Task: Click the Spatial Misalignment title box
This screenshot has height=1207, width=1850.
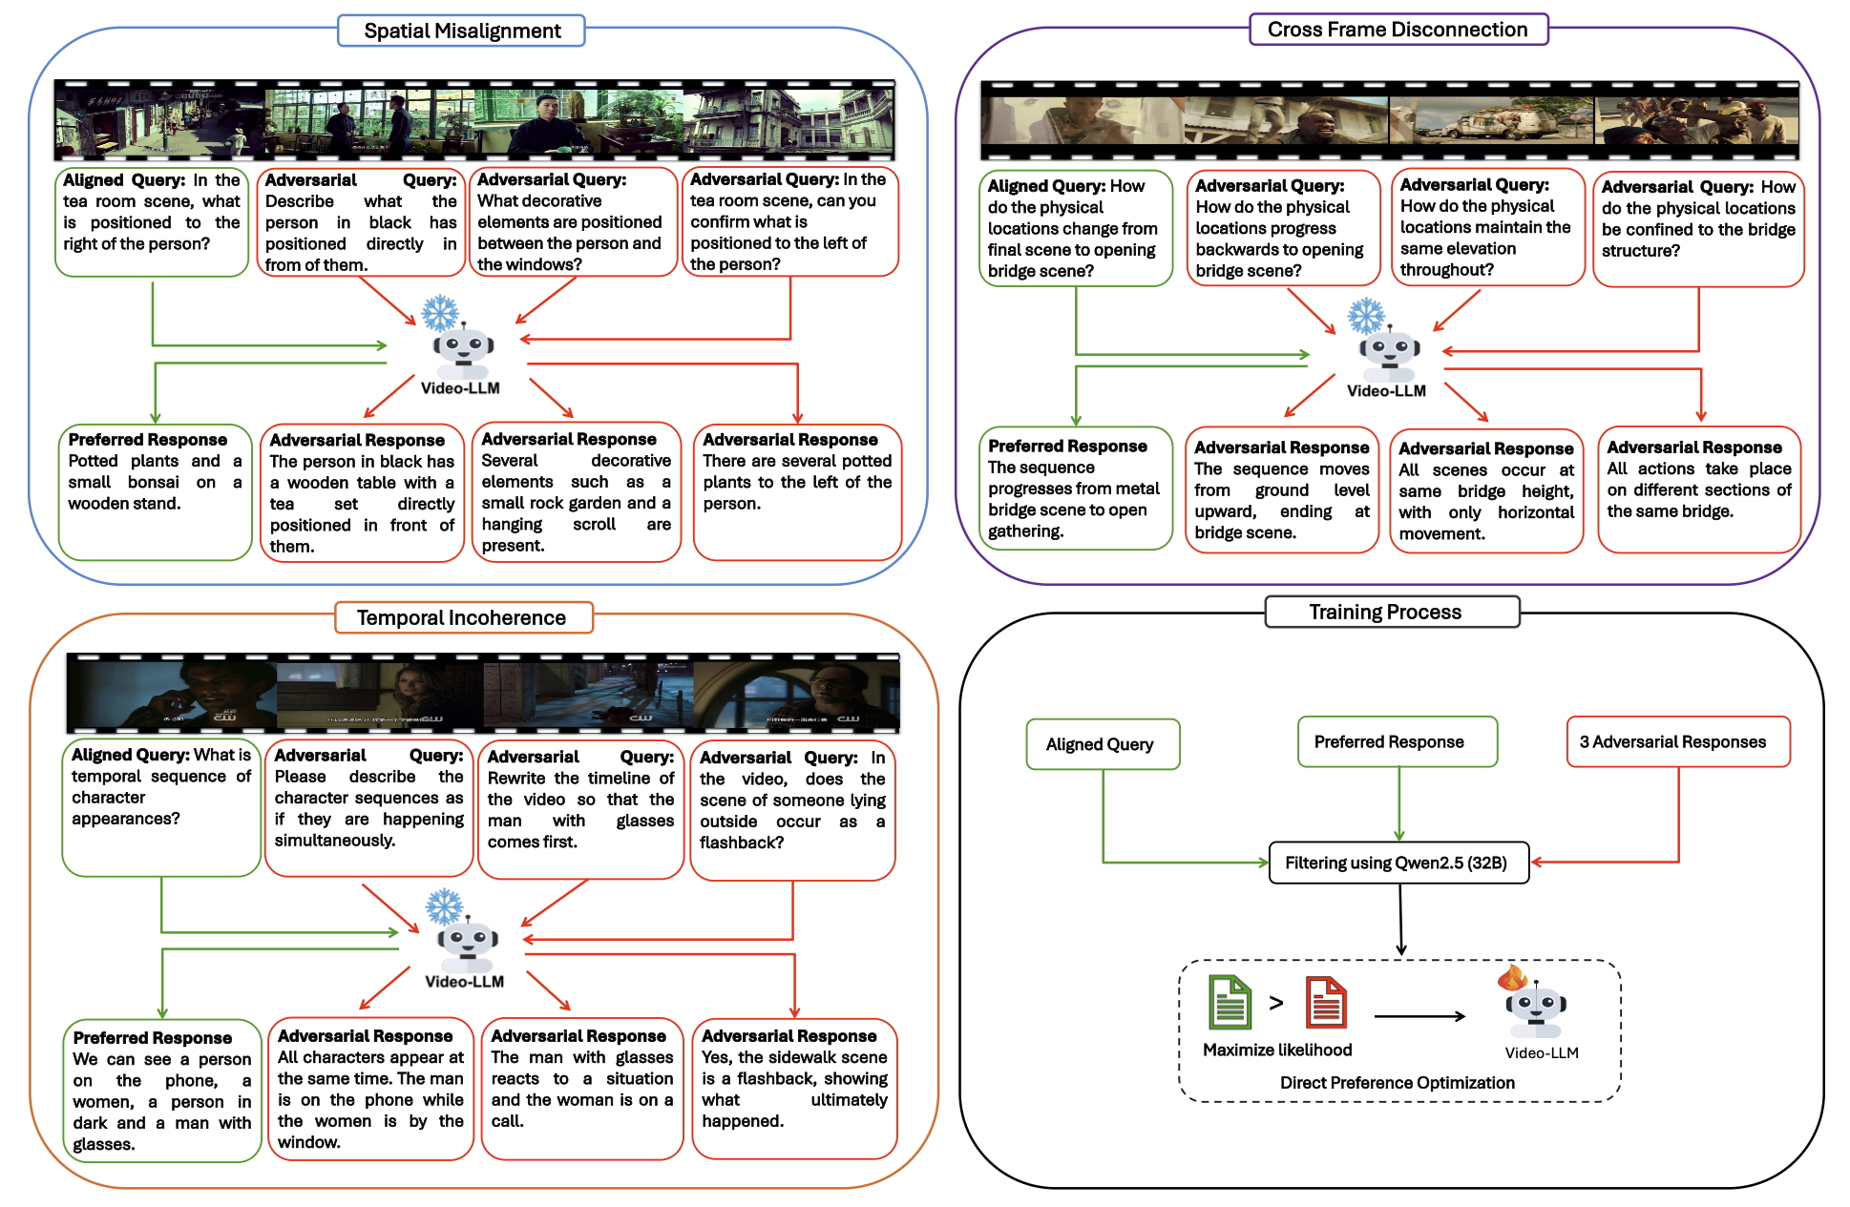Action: (x=461, y=31)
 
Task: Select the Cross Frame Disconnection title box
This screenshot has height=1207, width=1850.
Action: (x=1398, y=30)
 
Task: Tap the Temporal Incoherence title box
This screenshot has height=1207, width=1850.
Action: (x=463, y=617)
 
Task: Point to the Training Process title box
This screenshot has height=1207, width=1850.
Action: (x=1391, y=612)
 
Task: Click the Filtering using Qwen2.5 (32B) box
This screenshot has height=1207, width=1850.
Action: (x=1398, y=863)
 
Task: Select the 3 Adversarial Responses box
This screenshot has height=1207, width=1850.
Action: (x=1677, y=742)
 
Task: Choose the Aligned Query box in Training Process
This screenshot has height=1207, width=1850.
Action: (x=1103, y=744)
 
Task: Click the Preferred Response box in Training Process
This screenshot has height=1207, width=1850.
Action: (x=1397, y=742)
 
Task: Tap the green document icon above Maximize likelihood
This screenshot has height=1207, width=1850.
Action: (x=1230, y=1002)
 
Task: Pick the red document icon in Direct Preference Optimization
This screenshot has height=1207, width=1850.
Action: (x=1326, y=1003)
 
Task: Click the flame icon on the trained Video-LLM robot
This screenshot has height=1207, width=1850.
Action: (x=1512, y=978)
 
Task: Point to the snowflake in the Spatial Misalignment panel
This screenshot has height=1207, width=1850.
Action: (x=440, y=313)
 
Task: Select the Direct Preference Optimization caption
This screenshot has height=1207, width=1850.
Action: (x=1397, y=1083)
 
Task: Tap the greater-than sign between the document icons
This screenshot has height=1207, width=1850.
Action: (x=1276, y=1003)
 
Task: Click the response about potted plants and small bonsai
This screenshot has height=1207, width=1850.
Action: (x=155, y=491)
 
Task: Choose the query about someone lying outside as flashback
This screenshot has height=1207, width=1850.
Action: (x=792, y=810)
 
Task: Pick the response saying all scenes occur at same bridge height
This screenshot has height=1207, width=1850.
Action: (x=1485, y=490)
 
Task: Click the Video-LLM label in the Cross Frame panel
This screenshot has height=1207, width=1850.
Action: (x=1386, y=391)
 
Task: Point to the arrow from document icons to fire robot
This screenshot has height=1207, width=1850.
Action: (x=1419, y=1016)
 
